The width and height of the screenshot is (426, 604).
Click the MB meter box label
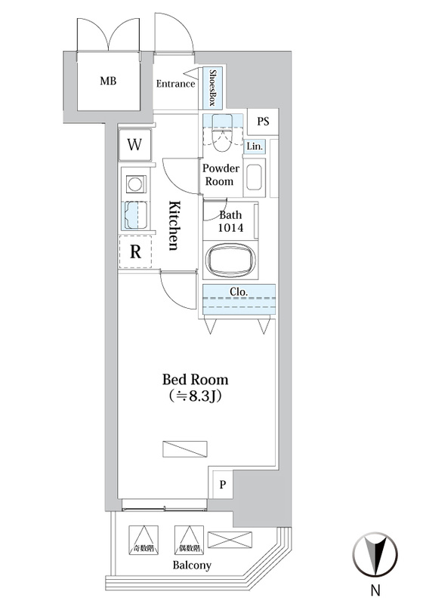pyautogui.click(x=108, y=81)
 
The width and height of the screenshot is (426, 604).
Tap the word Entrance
pyautogui.click(x=175, y=84)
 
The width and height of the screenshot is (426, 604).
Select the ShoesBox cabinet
pyautogui.click(x=211, y=88)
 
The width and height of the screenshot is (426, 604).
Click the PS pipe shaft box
pyautogui.click(x=263, y=122)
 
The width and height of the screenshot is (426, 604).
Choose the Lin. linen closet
pyautogui.click(x=255, y=146)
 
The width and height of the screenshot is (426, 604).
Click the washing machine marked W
pyautogui.click(x=134, y=145)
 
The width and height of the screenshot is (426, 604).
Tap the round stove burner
pyautogui.click(x=135, y=184)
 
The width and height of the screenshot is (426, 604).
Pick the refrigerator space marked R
pyautogui.click(x=135, y=251)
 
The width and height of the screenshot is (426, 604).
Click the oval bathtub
pyautogui.click(x=230, y=259)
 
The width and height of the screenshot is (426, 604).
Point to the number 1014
pyautogui.click(x=230, y=228)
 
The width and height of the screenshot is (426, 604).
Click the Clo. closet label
pyautogui.click(x=238, y=292)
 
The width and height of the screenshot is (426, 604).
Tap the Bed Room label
pyautogui.click(x=195, y=380)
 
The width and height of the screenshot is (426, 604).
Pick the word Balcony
pyautogui.click(x=192, y=565)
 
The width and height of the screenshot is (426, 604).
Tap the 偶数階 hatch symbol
pyautogui.click(x=189, y=540)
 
